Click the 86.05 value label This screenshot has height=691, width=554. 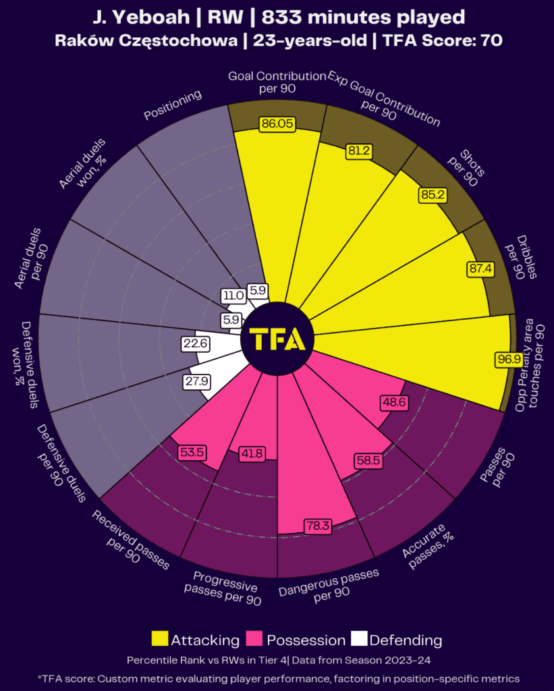pos(277,124)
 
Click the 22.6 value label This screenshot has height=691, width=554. pos(195,343)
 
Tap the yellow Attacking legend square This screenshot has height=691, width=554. pos(160,639)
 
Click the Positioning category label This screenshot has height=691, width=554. pos(173,107)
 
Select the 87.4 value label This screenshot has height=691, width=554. pos(480,269)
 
